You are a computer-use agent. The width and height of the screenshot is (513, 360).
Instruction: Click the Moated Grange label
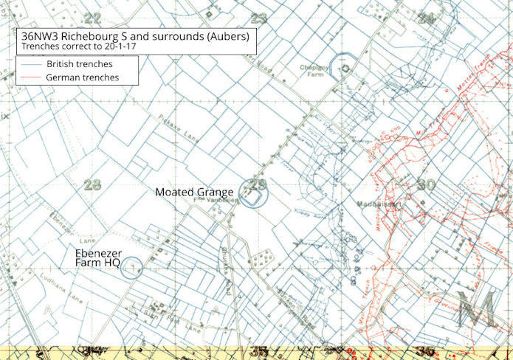point(194,192)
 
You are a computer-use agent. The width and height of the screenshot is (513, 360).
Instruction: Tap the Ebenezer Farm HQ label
point(98,257)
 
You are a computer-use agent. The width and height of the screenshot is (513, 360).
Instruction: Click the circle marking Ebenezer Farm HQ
point(131,266)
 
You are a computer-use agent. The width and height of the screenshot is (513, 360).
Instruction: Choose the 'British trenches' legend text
point(79,64)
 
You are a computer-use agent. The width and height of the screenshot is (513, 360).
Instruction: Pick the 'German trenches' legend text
point(82,77)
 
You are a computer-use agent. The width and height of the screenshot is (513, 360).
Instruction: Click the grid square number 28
point(92,184)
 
